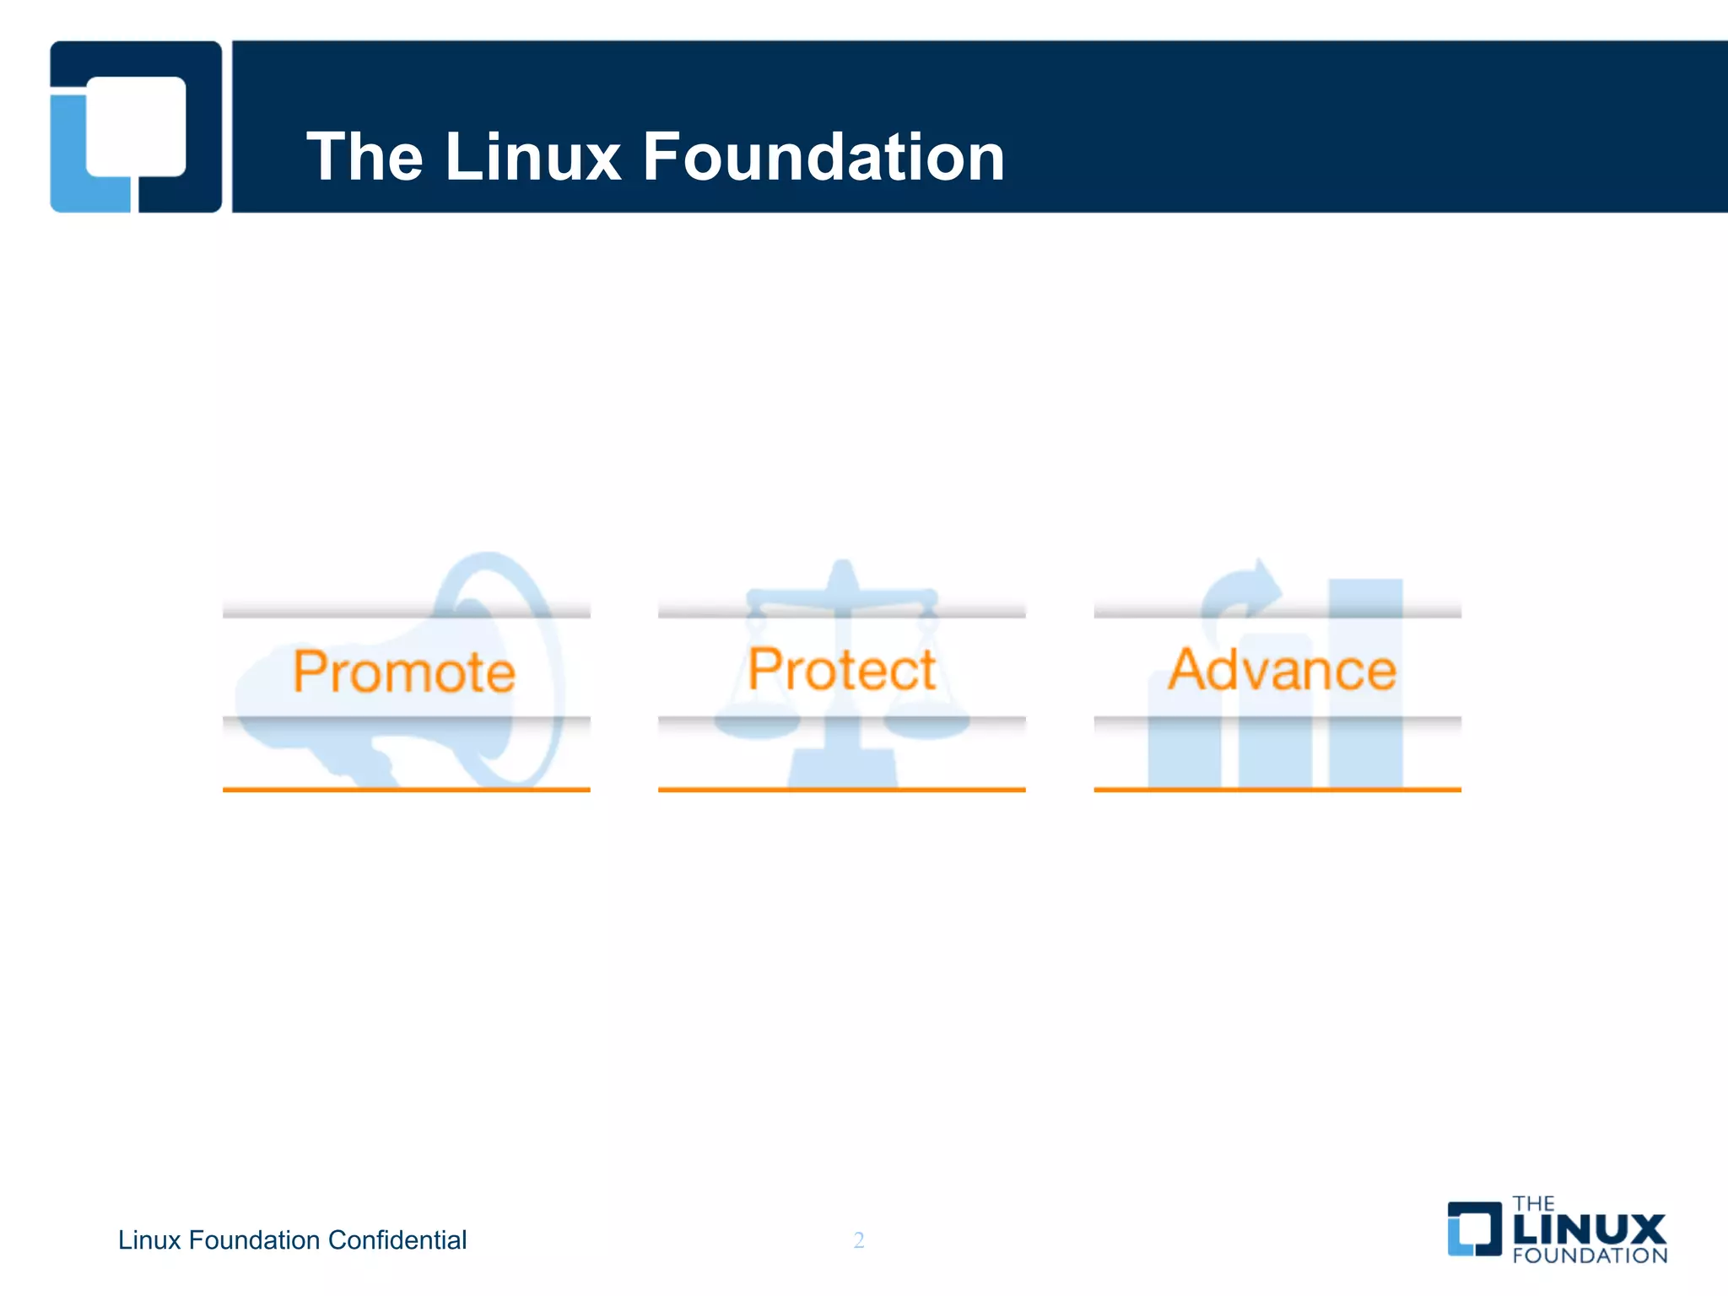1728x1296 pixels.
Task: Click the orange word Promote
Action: [404, 672]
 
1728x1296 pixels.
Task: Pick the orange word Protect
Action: [841, 670]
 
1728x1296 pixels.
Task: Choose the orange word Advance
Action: [1282, 670]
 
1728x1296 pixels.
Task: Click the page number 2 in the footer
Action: [859, 1239]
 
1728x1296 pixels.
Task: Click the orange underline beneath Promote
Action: [406, 790]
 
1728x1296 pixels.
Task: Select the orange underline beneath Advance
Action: [1277, 790]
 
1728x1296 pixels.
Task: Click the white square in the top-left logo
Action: [137, 127]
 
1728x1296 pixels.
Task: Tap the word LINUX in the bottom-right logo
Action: [1589, 1230]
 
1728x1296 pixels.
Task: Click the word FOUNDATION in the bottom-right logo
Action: [1590, 1255]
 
